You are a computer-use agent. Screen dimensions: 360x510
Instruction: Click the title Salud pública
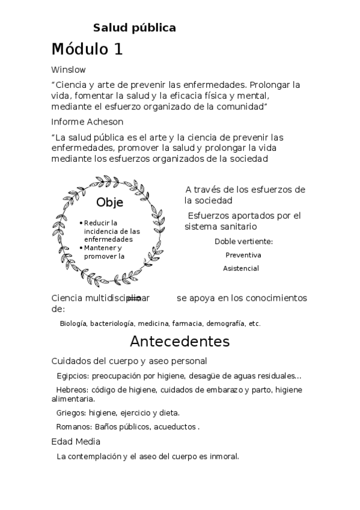click(x=134, y=28)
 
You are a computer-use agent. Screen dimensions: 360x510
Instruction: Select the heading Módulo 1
click(x=87, y=49)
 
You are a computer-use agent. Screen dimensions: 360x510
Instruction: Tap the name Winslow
click(x=69, y=69)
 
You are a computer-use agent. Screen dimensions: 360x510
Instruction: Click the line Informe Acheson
click(x=87, y=121)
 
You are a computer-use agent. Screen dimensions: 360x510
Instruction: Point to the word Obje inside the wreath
click(x=109, y=202)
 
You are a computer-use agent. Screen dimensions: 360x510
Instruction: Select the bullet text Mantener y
click(x=103, y=248)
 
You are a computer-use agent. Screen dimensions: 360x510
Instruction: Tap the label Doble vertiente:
click(x=243, y=242)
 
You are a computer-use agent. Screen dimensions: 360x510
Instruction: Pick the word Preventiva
click(x=243, y=255)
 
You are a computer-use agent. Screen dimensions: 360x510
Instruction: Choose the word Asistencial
click(x=240, y=268)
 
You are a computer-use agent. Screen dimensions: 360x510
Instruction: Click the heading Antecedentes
click(x=180, y=342)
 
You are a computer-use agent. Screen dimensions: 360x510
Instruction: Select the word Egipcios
click(x=72, y=376)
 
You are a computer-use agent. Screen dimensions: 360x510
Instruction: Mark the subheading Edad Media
click(x=76, y=441)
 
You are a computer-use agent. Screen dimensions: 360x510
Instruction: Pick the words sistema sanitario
click(x=221, y=227)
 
